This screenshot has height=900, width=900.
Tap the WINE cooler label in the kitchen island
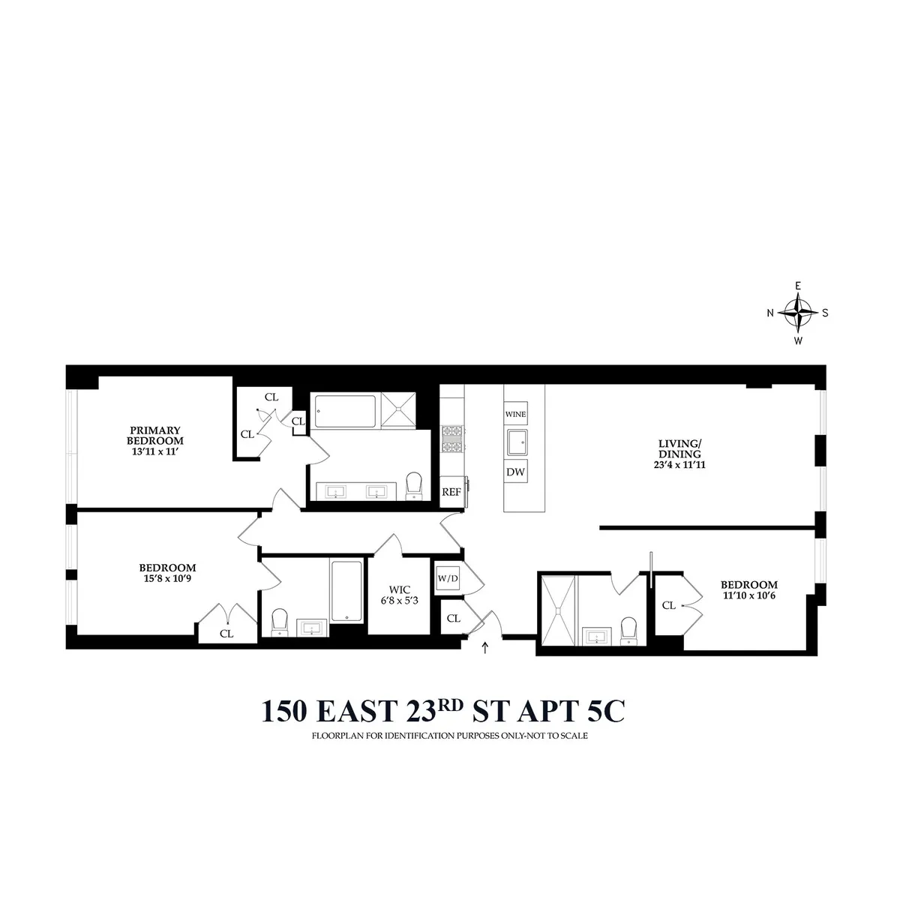515,414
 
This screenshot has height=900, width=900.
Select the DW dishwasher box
515,472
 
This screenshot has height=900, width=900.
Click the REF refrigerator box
451,492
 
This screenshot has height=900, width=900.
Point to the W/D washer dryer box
447,578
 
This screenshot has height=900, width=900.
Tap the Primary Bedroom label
155,435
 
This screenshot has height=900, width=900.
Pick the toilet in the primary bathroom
414,485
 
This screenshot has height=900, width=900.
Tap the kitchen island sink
516,442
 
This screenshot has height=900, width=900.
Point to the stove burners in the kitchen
451,441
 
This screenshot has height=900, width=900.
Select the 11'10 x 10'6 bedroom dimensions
749,597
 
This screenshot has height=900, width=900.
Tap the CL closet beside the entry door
453,619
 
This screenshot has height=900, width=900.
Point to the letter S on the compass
825,313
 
